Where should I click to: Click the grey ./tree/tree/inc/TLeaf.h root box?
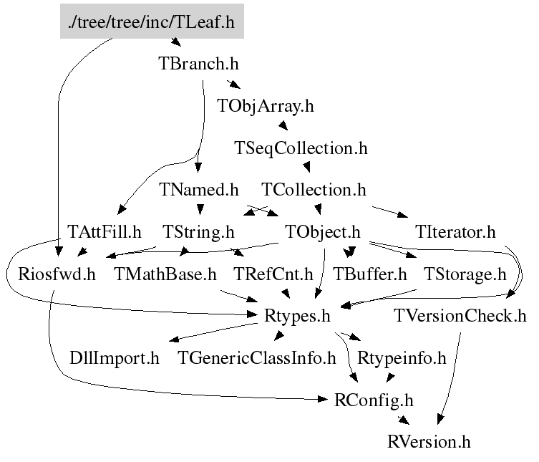[151, 22]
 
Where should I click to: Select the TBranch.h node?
[198, 63]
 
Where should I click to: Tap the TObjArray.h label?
[266, 106]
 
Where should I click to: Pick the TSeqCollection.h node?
[301, 148]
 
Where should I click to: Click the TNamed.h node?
[198, 190]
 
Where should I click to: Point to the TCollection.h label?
[314, 190]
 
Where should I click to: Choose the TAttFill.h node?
[105, 232]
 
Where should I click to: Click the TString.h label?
[198, 232]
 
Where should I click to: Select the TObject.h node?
[321, 232]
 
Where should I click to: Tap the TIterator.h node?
[455, 232]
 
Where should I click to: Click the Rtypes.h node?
[297, 316]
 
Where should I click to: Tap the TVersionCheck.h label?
[460, 316]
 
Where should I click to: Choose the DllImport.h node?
[115, 357]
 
